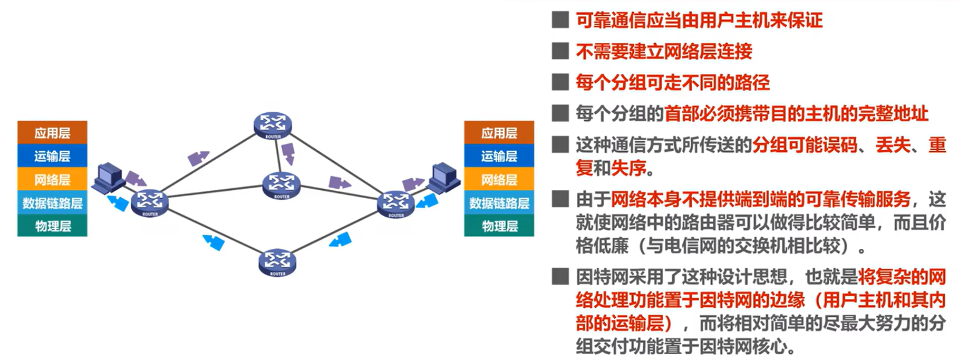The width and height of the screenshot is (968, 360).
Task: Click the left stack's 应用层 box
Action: (52, 133)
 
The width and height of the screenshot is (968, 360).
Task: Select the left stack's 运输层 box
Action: (52, 156)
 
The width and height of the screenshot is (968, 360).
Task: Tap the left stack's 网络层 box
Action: (52, 180)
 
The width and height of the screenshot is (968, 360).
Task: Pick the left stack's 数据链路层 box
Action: (52, 203)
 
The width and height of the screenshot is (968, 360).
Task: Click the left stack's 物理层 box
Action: (52, 226)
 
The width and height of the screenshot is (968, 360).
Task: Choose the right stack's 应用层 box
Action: (499, 133)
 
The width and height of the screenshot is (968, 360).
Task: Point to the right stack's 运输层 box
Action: (499, 156)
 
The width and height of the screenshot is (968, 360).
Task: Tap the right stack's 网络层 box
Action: (499, 180)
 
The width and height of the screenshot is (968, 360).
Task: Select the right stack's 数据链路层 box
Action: (499, 203)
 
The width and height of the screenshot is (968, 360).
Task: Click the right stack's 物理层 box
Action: (499, 226)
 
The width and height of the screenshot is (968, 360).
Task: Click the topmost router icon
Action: (273, 125)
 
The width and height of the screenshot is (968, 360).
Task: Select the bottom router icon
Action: (277, 262)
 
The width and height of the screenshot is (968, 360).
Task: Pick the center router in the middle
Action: (282, 185)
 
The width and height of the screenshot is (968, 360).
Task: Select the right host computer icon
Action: (443, 178)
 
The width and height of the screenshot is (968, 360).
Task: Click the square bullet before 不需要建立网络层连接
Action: (560, 51)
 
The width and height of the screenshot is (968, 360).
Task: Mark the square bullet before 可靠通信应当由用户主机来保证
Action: (560, 20)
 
